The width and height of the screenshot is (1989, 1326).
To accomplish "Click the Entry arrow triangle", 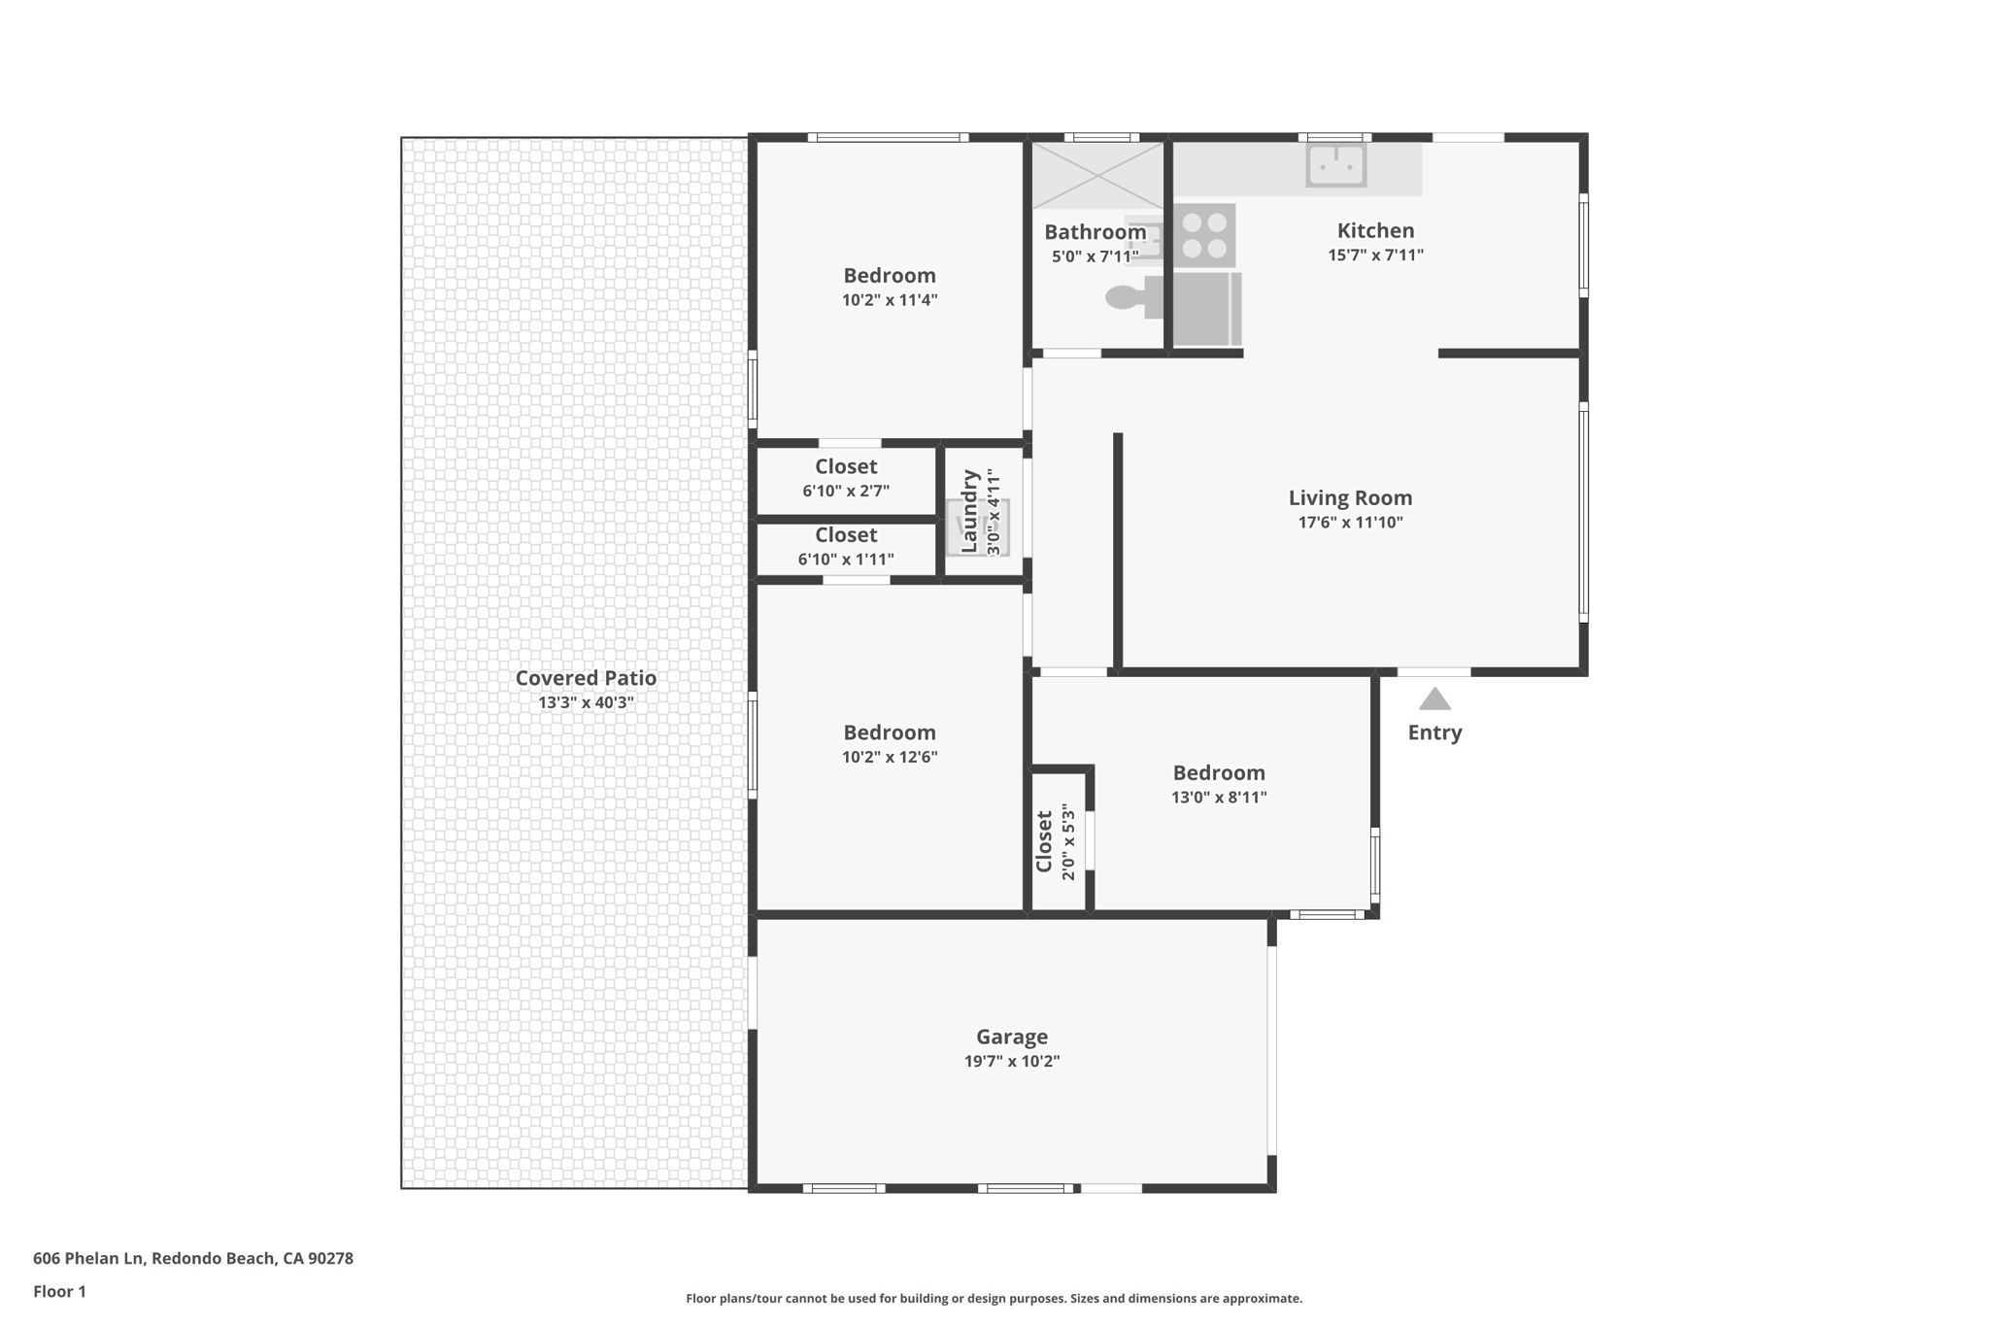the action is pyautogui.click(x=1434, y=699).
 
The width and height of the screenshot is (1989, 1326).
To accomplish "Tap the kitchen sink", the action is pyautogui.click(x=1336, y=165).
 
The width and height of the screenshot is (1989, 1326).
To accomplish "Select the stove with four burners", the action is pyautogui.click(x=1204, y=235).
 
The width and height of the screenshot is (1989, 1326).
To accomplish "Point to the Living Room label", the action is pyautogui.click(x=1350, y=498).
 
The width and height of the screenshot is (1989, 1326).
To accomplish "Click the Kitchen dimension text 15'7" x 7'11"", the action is pyautogui.click(x=1375, y=255).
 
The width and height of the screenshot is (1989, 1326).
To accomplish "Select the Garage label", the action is pyautogui.click(x=1011, y=1037).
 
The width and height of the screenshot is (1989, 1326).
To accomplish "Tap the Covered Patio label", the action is pyautogui.click(x=586, y=678).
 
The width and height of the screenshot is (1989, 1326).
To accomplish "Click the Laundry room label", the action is pyautogui.click(x=969, y=511).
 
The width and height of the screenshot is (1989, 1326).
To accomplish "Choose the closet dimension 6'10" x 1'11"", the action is pyautogui.click(x=846, y=560).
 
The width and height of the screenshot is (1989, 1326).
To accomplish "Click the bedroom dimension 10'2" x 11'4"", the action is pyautogui.click(x=890, y=300).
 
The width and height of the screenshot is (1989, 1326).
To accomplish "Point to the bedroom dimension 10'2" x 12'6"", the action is pyautogui.click(x=890, y=758).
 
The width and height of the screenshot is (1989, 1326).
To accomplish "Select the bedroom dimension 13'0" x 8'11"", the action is pyautogui.click(x=1219, y=798).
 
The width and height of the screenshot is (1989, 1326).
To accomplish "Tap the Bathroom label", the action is pyautogui.click(x=1095, y=232).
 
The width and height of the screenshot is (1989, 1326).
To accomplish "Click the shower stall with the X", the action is pyautogui.click(x=1097, y=176).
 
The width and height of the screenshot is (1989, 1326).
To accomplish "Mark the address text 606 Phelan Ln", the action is pyautogui.click(x=88, y=1258).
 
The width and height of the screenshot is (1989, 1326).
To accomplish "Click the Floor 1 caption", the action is pyautogui.click(x=59, y=1291).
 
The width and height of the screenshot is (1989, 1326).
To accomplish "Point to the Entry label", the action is pyautogui.click(x=1434, y=732).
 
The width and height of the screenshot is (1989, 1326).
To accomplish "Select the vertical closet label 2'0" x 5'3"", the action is pyautogui.click(x=1068, y=841).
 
